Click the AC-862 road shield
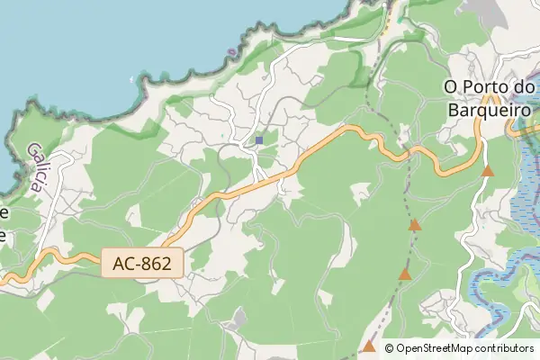tap(143, 263)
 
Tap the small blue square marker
tap(259, 140)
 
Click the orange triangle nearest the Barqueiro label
tap(488, 170)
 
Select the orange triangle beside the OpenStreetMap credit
tap(369, 346)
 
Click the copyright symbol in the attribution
tap(390, 348)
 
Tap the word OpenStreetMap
tap(436, 348)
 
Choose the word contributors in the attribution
tap(505, 348)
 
